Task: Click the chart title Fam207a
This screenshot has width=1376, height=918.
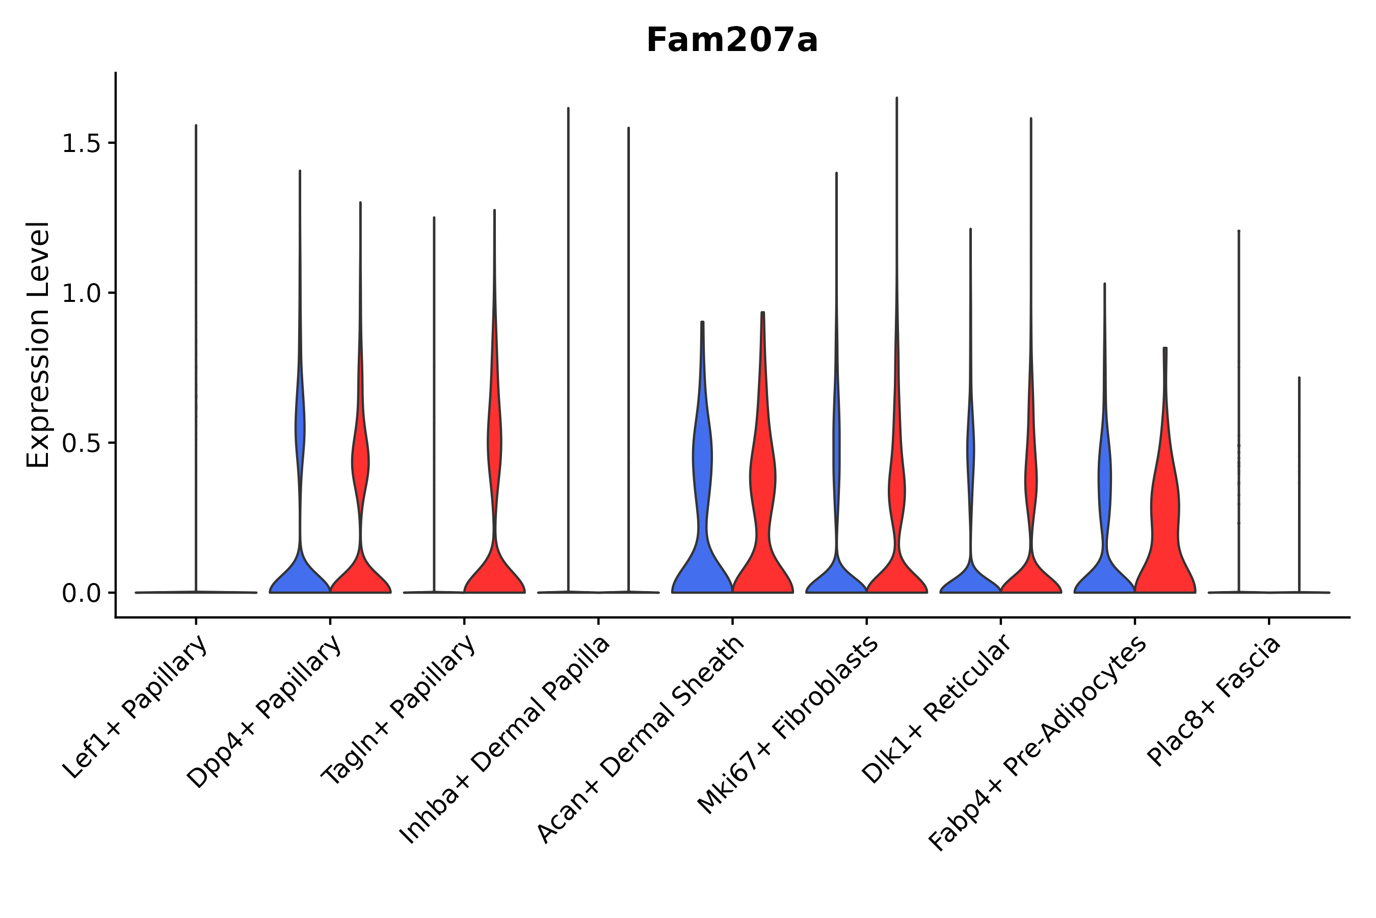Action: tap(731, 41)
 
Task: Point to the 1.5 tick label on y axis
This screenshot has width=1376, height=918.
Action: tap(82, 143)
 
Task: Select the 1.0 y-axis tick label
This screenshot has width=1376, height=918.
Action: tap(82, 293)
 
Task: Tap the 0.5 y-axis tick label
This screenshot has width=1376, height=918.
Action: tap(82, 443)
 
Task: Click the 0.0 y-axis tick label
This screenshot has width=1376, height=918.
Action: tap(82, 594)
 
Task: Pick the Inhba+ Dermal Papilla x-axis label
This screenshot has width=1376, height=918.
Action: tap(505, 740)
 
